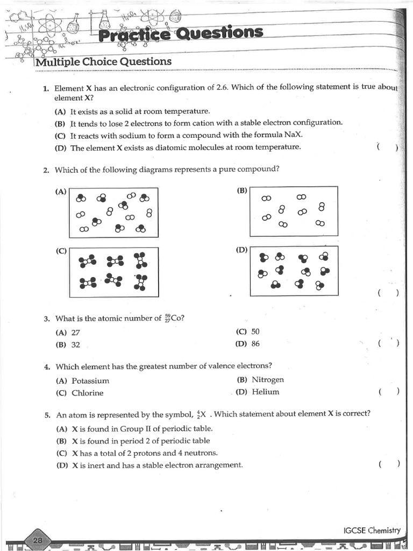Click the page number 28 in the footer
[38, 540]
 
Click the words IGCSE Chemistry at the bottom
[372, 530]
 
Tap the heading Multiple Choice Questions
[103, 61]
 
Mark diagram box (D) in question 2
[294, 271]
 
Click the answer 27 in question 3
[75, 333]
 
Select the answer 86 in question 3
[255, 343]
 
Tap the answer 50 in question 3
[255, 331]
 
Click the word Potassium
[90, 380]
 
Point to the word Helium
[266, 392]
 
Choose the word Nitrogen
[268, 379]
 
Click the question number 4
[47, 367]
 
